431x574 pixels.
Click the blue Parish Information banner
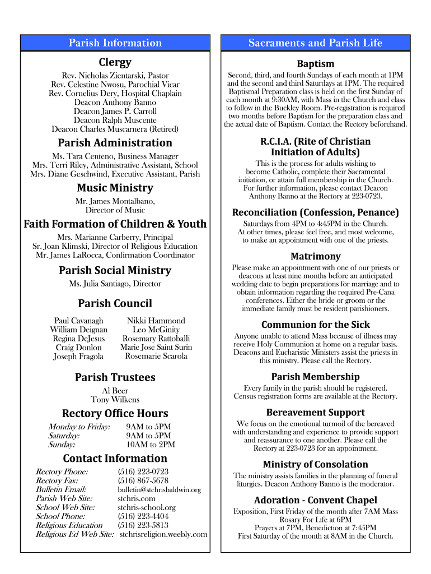pyautogui.click(x=115, y=43)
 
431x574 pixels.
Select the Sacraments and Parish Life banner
pyautogui.click(x=315, y=43)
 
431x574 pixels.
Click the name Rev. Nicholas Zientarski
pyautogui.click(x=115, y=75)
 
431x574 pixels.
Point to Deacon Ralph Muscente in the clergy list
pyautogui.click(x=115, y=120)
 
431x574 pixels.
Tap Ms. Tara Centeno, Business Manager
pyautogui.click(x=115, y=156)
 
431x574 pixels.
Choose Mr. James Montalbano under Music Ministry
pyautogui.click(x=115, y=201)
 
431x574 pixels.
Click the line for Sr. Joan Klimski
pyautogui.click(x=115, y=246)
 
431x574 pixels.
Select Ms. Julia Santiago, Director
pyautogui.click(x=115, y=284)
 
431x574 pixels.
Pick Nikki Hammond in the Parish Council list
pyautogui.click(x=156, y=321)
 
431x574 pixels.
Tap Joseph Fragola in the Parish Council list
pyautogui.click(x=78, y=357)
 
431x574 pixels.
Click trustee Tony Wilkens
pyautogui.click(x=115, y=400)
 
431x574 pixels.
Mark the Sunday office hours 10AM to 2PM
pyautogui.click(x=151, y=445)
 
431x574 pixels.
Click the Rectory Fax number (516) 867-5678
pyautogui.click(x=143, y=480)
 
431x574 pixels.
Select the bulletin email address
pyautogui.click(x=159, y=489)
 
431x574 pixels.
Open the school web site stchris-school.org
pyautogui.click(x=147, y=507)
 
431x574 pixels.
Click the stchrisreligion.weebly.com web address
pyautogui.click(x=163, y=534)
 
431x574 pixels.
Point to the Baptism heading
pyautogui.click(x=315, y=64)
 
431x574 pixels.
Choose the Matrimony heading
pyautogui.click(x=315, y=256)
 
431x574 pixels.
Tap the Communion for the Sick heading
pyautogui.click(x=315, y=325)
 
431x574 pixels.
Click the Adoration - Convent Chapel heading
pyautogui.click(x=315, y=500)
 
